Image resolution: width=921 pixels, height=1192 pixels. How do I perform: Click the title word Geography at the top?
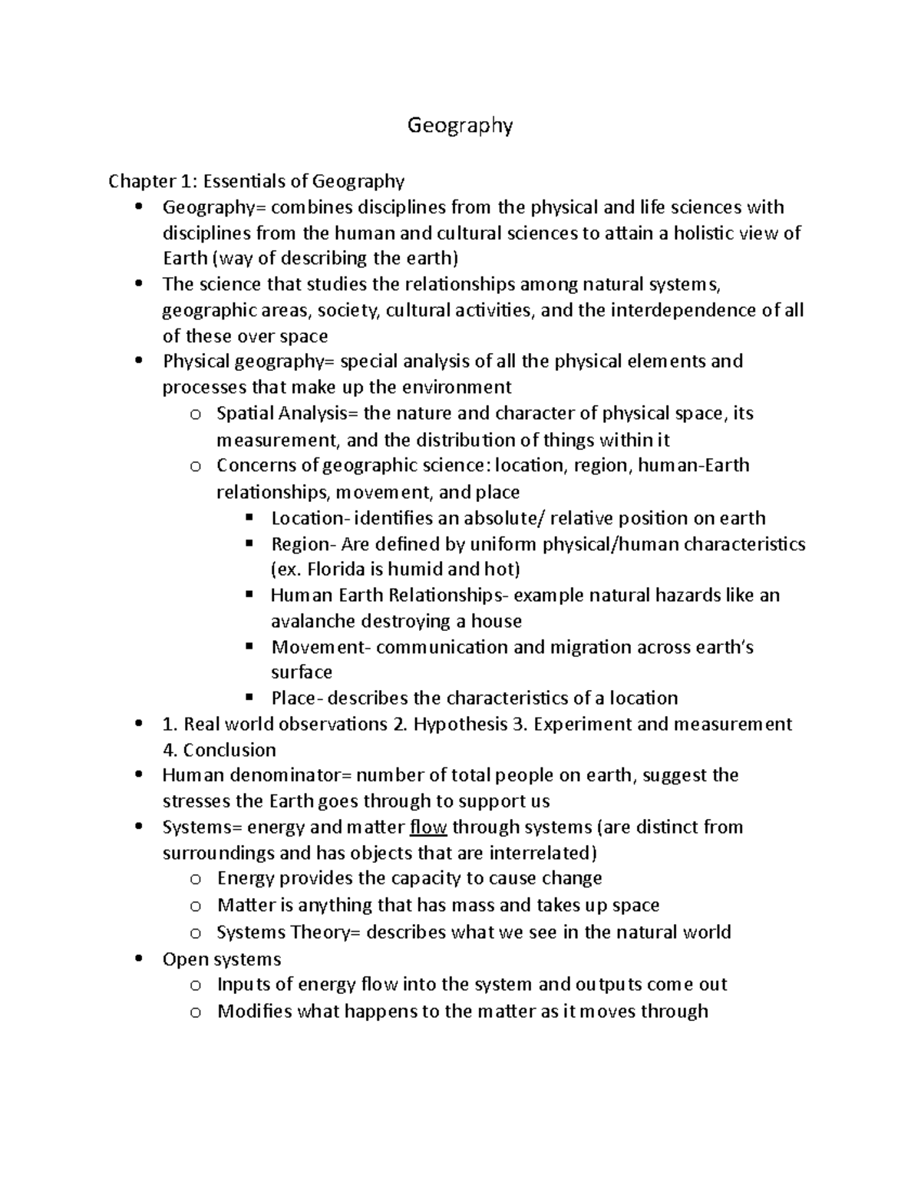click(x=459, y=126)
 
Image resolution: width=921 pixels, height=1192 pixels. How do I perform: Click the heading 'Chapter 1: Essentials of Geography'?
click(x=256, y=181)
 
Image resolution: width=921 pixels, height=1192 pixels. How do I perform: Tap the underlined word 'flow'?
click(x=428, y=827)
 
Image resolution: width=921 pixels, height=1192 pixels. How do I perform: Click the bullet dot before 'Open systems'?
click(x=138, y=959)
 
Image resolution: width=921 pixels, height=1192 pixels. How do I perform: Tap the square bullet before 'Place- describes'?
click(x=249, y=698)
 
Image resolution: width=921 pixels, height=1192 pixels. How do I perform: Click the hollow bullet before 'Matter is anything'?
click(x=195, y=906)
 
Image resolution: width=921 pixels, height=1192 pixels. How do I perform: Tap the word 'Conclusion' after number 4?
click(x=229, y=750)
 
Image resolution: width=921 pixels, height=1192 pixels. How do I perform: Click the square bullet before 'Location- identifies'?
click(x=249, y=518)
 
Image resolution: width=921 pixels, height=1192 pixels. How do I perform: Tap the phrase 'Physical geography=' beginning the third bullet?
click(x=249, y=362)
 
